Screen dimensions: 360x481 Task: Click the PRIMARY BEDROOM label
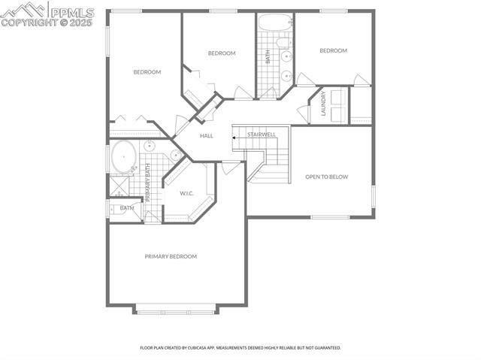[171, 256]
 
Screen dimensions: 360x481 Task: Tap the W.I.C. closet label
[187, 193]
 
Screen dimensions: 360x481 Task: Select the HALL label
[207, 136]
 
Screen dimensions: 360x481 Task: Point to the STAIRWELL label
[262, 135]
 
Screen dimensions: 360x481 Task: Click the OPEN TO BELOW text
[324, 177]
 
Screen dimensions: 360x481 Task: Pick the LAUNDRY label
[323, 104]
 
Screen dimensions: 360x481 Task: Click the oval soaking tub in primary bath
[124, 157]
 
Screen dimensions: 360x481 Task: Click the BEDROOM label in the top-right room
[333, 50]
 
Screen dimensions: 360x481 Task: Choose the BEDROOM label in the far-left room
[147, 72]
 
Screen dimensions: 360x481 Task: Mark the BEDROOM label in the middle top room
[222, 53]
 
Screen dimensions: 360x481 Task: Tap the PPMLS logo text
[71, 13]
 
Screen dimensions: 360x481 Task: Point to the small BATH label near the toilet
[127, 208]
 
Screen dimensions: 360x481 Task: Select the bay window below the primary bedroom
[176, 308]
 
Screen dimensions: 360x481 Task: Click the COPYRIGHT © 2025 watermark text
[46, 23]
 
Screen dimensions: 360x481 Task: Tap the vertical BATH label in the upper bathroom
[268, 56]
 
